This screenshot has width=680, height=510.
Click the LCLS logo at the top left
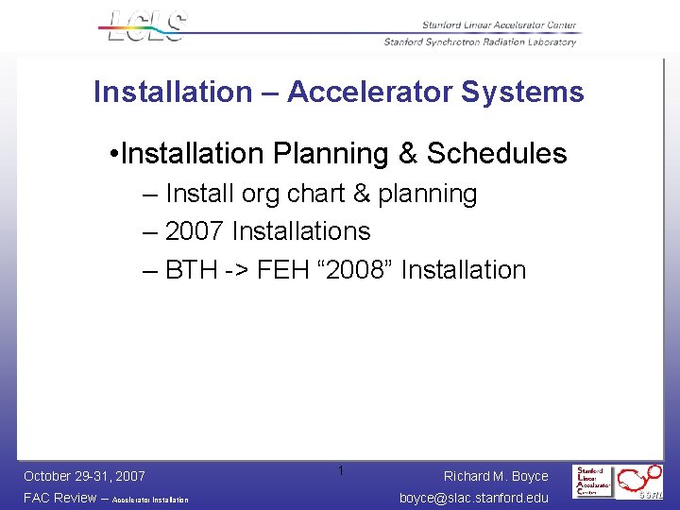(145, 25)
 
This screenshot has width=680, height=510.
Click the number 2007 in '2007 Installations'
(195, 231)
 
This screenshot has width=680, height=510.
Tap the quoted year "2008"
(360, 270)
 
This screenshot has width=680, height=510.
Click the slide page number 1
(341, 470)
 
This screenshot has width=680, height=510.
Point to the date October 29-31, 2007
(84, 476)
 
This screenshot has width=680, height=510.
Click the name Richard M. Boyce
(496, 476)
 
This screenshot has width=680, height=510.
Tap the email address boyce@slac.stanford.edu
(474, 498)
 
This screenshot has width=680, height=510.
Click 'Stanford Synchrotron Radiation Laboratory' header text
(480, 42)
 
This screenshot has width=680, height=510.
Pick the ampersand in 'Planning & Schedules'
(397, 153)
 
